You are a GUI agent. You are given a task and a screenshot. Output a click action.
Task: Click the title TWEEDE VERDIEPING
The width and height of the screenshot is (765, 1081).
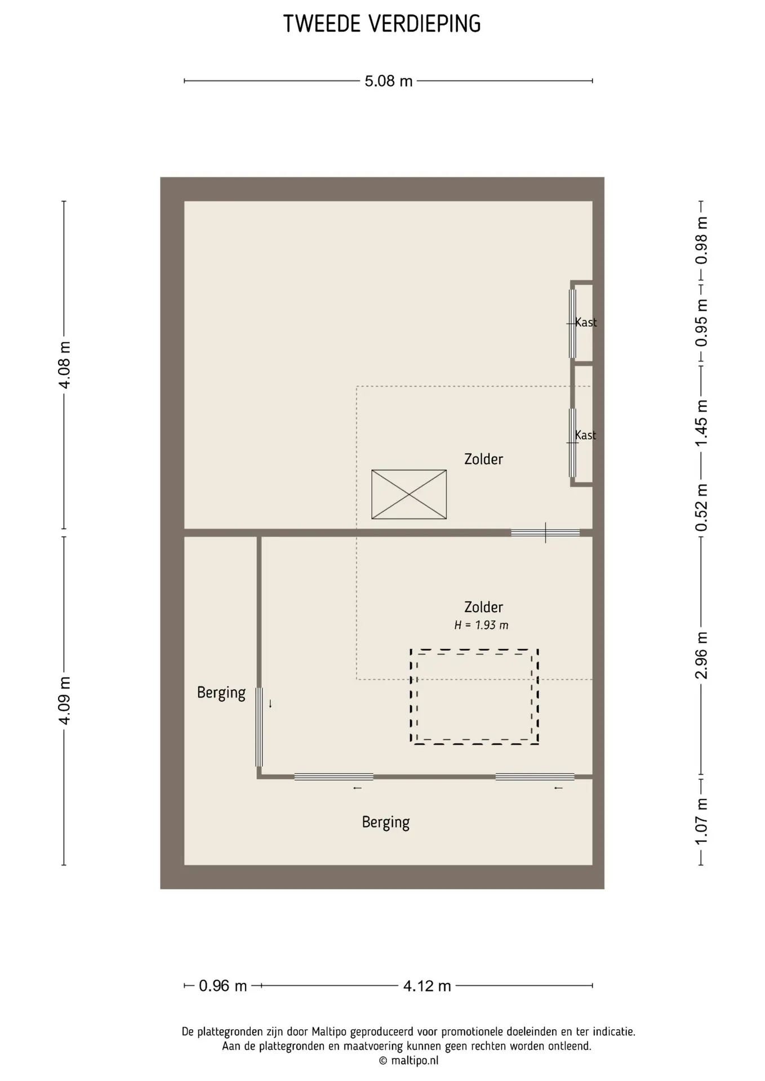point(382,24)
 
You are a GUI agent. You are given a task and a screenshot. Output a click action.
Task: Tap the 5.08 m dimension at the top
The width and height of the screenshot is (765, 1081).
point(389,81)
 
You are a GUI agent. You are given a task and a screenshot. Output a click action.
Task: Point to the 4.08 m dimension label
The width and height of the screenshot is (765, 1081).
point(65,365)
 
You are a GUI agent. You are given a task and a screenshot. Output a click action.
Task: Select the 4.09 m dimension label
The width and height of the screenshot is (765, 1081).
point(65,701)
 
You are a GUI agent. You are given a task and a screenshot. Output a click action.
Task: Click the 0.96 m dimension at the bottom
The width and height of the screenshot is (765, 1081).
point(223,986)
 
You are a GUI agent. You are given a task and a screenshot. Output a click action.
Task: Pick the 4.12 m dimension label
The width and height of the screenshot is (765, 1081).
point(427,986)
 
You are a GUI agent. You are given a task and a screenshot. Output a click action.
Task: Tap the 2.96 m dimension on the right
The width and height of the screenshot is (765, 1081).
point(701,655)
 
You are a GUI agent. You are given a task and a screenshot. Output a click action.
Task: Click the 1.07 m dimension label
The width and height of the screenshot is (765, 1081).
point(701,821)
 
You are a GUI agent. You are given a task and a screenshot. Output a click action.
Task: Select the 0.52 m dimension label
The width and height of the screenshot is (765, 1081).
point(701,507)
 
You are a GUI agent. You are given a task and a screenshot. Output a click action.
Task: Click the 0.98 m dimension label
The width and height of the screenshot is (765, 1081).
point(701,240)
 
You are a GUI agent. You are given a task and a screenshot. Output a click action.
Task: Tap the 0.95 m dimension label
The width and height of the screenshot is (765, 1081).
point(701,323)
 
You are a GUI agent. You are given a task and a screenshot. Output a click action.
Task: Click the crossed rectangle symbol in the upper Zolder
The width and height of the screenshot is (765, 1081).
point(409,494)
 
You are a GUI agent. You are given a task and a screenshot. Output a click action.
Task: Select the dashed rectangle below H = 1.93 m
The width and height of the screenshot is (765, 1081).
point(474,650)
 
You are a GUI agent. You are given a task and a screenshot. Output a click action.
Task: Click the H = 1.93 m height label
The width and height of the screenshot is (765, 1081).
point(482,625)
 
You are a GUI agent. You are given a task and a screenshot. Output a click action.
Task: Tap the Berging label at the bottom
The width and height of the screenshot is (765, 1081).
point(386,823)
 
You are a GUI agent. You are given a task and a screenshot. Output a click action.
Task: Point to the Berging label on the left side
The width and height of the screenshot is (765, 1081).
point(221,693)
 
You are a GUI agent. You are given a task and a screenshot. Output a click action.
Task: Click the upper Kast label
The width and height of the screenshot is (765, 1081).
point(586,322)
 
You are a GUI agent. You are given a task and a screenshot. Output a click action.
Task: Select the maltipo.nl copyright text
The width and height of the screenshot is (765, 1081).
point(409,1061)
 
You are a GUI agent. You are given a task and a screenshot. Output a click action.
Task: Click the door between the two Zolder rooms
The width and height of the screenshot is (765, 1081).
point(545,533)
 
